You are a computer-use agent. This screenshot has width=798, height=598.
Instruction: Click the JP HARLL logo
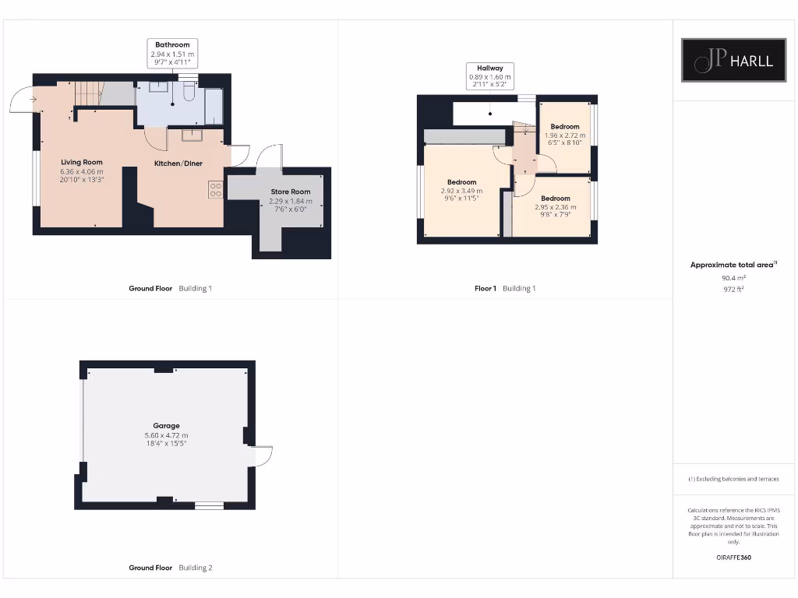[x=733, y=60]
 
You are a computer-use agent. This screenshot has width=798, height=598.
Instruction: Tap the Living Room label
[x=82, y=162]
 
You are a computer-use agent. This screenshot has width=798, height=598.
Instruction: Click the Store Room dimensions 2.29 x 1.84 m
[x=290, y=201]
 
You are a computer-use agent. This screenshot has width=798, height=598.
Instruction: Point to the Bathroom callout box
[x=172, y=54]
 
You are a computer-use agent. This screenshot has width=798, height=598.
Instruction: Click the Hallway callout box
[x=489, y=76]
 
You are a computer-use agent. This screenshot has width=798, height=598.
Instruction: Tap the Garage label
[x=166, y=426]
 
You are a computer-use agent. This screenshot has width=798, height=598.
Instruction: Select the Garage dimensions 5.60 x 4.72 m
[x=166, y=435]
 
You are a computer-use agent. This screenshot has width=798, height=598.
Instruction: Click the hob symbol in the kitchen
[x=215, y=191]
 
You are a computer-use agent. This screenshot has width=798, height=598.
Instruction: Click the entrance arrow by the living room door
[x=32, y=99]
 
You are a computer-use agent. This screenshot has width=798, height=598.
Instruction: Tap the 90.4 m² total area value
[x=733, y=277]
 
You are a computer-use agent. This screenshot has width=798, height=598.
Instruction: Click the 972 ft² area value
[x=733, y=289]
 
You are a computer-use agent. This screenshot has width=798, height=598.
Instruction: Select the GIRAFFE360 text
[x=733, y=558]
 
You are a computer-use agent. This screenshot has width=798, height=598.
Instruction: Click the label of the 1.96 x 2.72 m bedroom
[x=565, y=126]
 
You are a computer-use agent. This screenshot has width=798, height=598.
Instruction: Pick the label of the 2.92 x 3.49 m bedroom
[x=461, y=182]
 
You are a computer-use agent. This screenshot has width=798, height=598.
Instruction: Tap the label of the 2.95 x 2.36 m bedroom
[x=556, y=199]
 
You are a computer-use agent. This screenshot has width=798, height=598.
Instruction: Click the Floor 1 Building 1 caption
[x=505, y=289]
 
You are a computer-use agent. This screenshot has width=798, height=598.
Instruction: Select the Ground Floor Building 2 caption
[x=170, y=568]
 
